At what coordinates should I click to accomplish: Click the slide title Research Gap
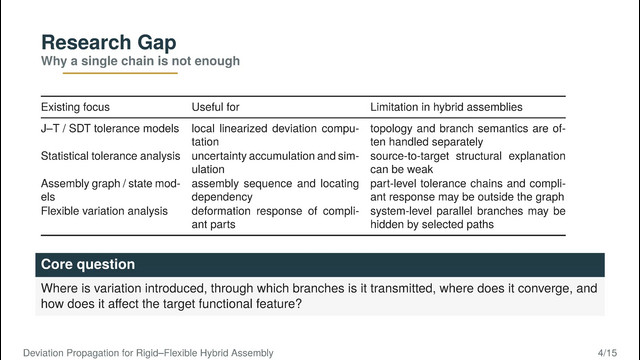coord(109,42)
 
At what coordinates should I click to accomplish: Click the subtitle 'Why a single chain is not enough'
coord(140,61)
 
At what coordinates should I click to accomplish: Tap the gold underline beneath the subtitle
coord(120,73)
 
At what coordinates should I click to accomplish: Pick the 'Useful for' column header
coord(216,107)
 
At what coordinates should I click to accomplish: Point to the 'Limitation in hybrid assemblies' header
coord(446,107)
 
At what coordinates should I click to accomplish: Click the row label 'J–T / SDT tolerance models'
coord(110,129)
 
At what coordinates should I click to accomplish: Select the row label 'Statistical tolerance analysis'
coord(110,156)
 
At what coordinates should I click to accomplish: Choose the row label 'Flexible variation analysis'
coord(104,211)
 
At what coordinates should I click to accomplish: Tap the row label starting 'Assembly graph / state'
coord(110,190)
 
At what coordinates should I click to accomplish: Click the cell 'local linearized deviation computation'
coord(275,135)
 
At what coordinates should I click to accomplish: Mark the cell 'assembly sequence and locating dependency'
coord(275,190)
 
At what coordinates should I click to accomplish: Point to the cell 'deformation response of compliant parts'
coord(275,218)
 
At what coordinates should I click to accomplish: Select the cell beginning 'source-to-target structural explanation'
coord(468,162)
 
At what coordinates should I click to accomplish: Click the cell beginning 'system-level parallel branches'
coord(468,218)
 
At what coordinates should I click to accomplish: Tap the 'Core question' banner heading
coord(88,264)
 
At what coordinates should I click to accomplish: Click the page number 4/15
coord(607,353)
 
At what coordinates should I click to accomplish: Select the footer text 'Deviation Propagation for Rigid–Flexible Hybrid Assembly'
coord(148,353)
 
